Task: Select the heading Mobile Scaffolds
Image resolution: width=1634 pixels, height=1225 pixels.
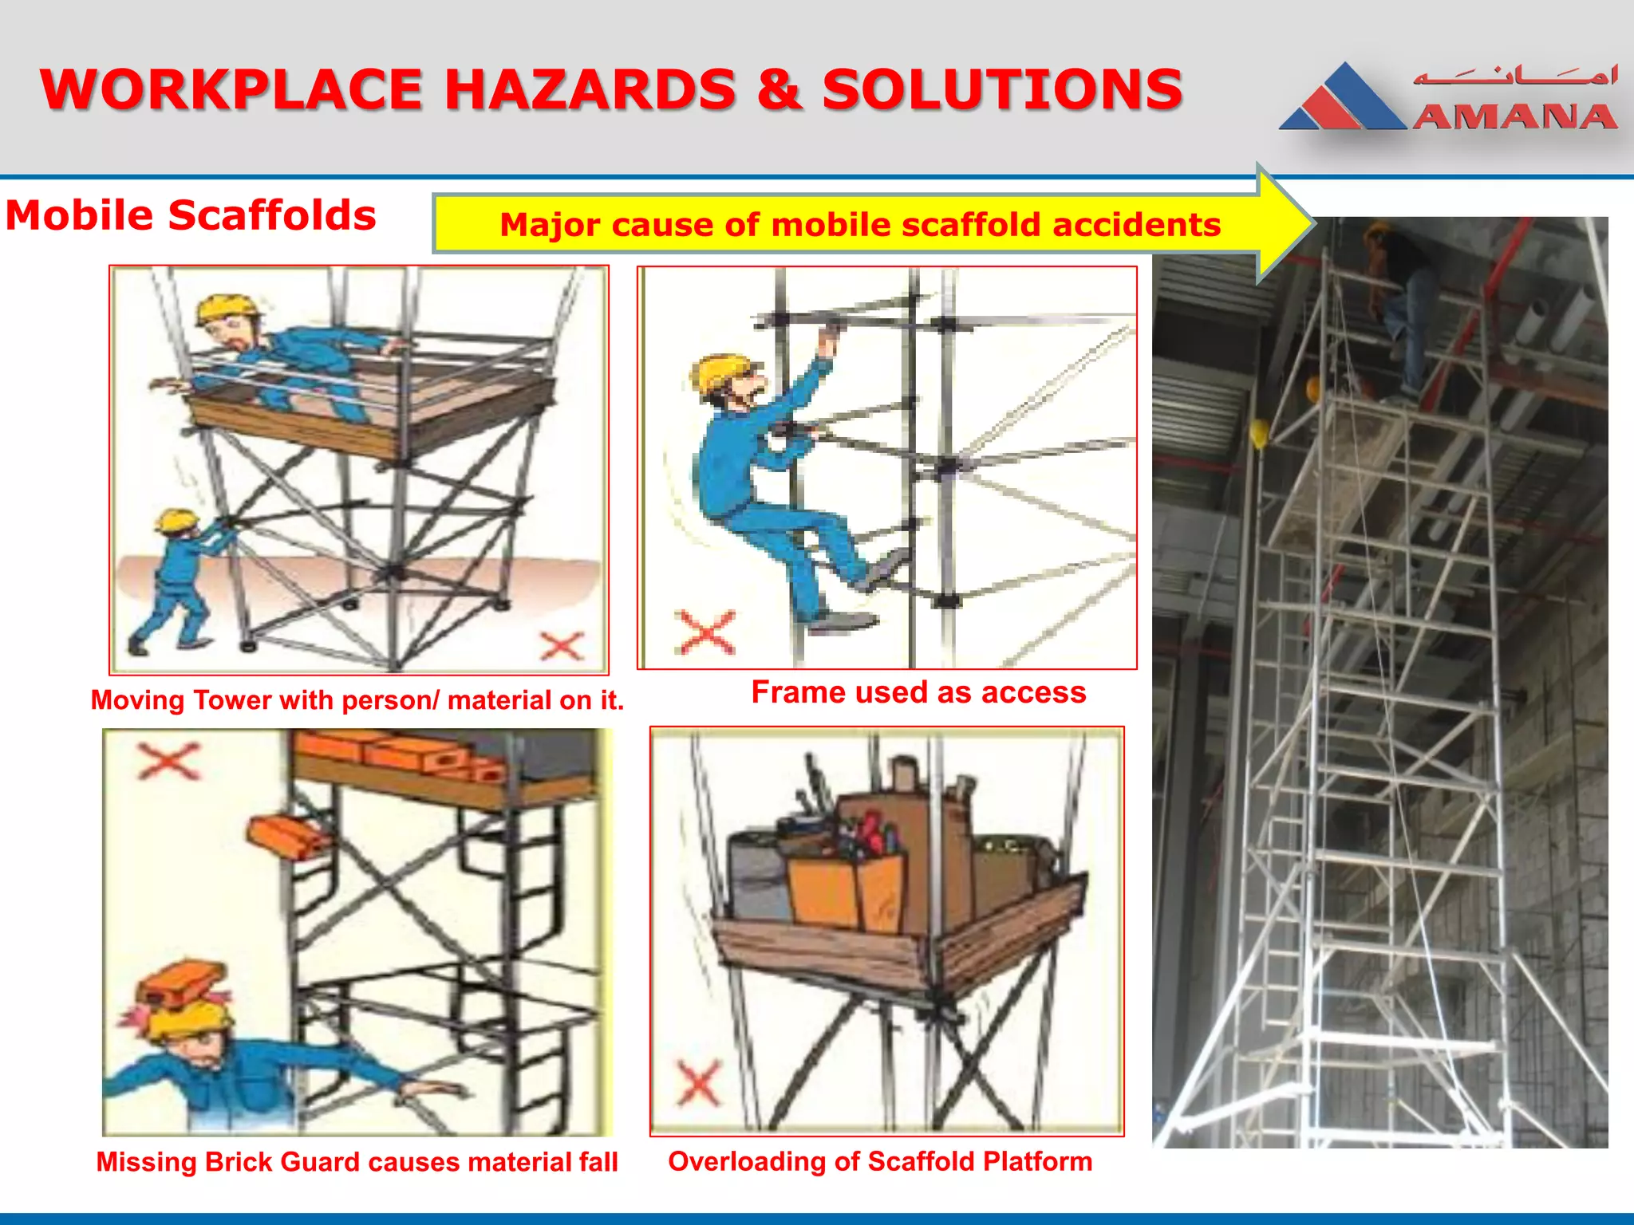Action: [x=191, y=215]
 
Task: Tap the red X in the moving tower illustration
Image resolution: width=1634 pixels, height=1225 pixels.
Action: [x=562, y=646]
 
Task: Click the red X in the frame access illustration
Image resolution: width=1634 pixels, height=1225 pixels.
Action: [x=704, y=632]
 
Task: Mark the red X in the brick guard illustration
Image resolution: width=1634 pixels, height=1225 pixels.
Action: [x=168, y=760]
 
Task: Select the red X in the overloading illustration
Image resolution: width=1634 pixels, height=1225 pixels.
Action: [x=699, y=1083]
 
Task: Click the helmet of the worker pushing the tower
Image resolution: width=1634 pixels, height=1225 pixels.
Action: [x=176, y=521]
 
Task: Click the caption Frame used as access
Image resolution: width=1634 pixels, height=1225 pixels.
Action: [x=918, y=692]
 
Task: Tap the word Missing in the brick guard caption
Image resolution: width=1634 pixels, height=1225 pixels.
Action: [x=146, y=1162]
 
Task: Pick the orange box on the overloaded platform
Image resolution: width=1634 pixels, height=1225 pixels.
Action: [x=846, y=889]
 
